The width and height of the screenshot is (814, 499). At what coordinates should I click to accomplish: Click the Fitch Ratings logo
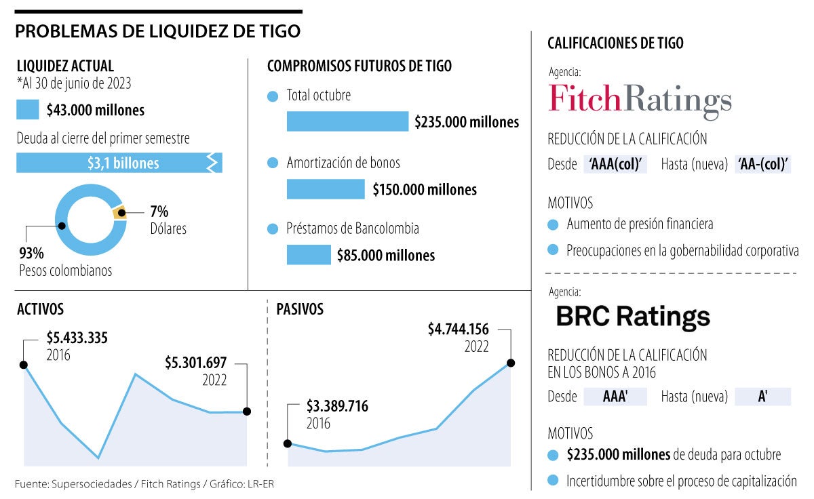point(640,100)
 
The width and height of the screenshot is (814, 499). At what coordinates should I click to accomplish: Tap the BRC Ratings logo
point(633,317)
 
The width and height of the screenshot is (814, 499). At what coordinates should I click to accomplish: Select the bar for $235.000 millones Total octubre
point(347,121)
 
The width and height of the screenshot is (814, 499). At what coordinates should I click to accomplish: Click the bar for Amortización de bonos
point(326,189)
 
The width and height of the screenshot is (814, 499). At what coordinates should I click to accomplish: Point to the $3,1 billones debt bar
point(119,163)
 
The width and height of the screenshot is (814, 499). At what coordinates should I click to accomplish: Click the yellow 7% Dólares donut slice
point(119,212)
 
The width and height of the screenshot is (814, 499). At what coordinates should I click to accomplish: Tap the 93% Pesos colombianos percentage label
point(31,254)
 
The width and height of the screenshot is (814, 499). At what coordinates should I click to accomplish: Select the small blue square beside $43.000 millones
point(28,109)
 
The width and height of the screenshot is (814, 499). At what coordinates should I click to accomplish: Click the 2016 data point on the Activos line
point(24,365)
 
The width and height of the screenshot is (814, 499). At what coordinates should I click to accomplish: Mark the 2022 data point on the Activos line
point(247,412)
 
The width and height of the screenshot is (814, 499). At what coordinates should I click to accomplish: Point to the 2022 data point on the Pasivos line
point(510,363)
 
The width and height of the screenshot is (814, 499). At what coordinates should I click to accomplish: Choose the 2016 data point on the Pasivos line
point(288,443)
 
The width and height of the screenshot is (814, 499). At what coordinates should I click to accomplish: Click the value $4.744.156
point(458,329)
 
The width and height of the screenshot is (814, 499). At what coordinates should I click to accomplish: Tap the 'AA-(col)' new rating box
point(763,165)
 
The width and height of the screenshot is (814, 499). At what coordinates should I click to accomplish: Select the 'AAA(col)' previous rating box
point(615,165)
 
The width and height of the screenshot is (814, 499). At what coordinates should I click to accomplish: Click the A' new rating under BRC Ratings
point(762,397)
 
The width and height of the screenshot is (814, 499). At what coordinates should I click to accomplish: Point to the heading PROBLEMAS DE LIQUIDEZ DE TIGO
point(157,31)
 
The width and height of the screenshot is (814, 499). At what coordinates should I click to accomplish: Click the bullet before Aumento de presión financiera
point(554,224)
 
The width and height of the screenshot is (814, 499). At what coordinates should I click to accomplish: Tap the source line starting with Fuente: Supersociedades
point(144,483)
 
